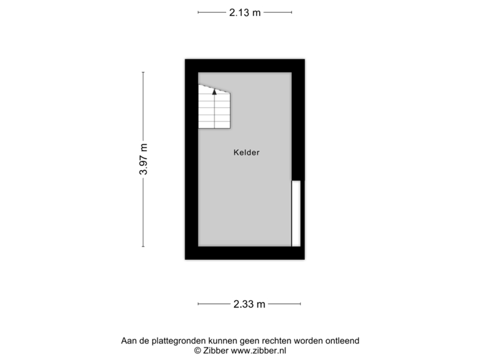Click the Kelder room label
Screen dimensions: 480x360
pyautogui.click(x=247, y=153)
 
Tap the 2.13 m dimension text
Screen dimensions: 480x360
pyautogui.click(x=245, y=13)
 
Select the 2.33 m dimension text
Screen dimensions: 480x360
pyautogui.click(x=249, y=304)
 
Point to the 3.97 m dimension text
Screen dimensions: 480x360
pyautogui.click(x=143, y=159)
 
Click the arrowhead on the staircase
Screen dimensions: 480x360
pyautogui.click(x=214, y=91)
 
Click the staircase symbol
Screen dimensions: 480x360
pyautogui.click(x=214, y=107)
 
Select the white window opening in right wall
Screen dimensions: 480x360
pyautogui.click(x=296, y=213)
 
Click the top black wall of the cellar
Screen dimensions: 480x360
pyautogui.click(x=245, y=66)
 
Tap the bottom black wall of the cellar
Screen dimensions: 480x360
pyautogui.click(x=245, y=253)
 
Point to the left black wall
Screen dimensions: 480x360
pyautogui.click(x=191, y=159)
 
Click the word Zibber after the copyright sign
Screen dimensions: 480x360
pyautogui.click(x=216, y=351)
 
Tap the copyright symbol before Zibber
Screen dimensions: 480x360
pyautogui.click(x=198, y=351)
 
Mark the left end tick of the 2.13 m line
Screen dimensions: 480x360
pyautogui.click(x=198, y=13)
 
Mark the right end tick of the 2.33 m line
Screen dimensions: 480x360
pyautogui.click(x=300, y=304)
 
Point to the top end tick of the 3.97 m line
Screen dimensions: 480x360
pyautogui.click(x=143, y=72)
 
